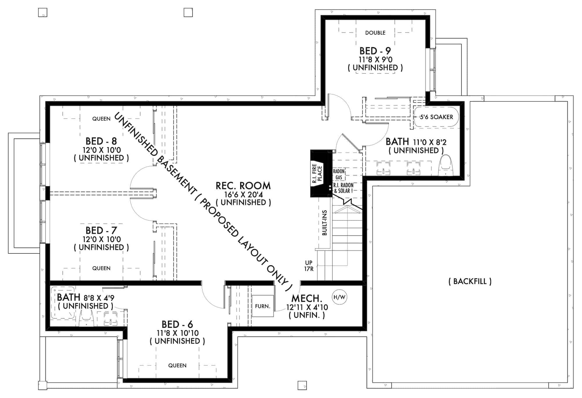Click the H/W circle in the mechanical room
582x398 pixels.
pos(339,297)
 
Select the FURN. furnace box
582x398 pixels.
pos(262,306)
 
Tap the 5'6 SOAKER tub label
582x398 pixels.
pos(436,117)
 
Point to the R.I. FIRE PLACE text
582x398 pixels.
pos(317,174)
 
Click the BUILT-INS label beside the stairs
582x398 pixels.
pos(325,223)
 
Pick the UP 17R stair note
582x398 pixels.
pos(309,266)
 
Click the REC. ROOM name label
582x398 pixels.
pos(243,186)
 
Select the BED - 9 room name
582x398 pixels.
pos(375,51)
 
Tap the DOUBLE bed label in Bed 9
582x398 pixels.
pos(375,33)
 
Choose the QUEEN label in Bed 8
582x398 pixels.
pos(101,119)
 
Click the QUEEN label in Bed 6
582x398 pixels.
pos(177,365)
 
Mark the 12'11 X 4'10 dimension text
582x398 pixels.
pos(307,307)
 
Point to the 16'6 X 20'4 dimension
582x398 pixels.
pos(243,194)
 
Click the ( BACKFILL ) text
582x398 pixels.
pos(470,281)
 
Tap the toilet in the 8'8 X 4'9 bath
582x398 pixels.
pos(86,318)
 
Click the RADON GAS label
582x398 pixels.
pos(339,174)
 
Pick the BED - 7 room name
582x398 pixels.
pos(101,230)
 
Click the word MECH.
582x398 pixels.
pos(307,298)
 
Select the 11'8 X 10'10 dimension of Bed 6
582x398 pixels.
pos(178,333)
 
